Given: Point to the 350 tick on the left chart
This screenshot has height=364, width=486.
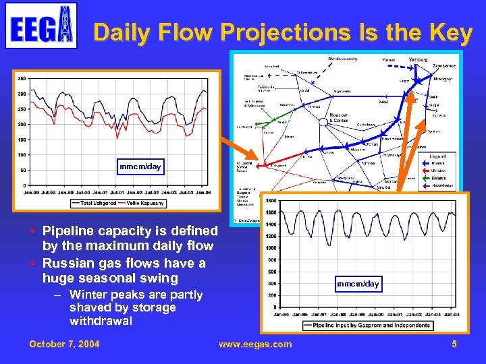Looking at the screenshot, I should point(22,78).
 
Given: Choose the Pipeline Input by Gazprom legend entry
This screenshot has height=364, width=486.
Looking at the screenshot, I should point(371,326).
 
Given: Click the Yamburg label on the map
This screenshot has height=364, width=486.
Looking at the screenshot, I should point(418,60).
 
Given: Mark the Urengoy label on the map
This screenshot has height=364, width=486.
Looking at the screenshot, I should point(442,80).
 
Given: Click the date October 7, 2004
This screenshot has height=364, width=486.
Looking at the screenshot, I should point(64,344).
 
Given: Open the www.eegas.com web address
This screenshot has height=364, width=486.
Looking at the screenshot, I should point(255,344).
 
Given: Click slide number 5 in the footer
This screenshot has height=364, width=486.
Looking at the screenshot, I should point(454,344).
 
